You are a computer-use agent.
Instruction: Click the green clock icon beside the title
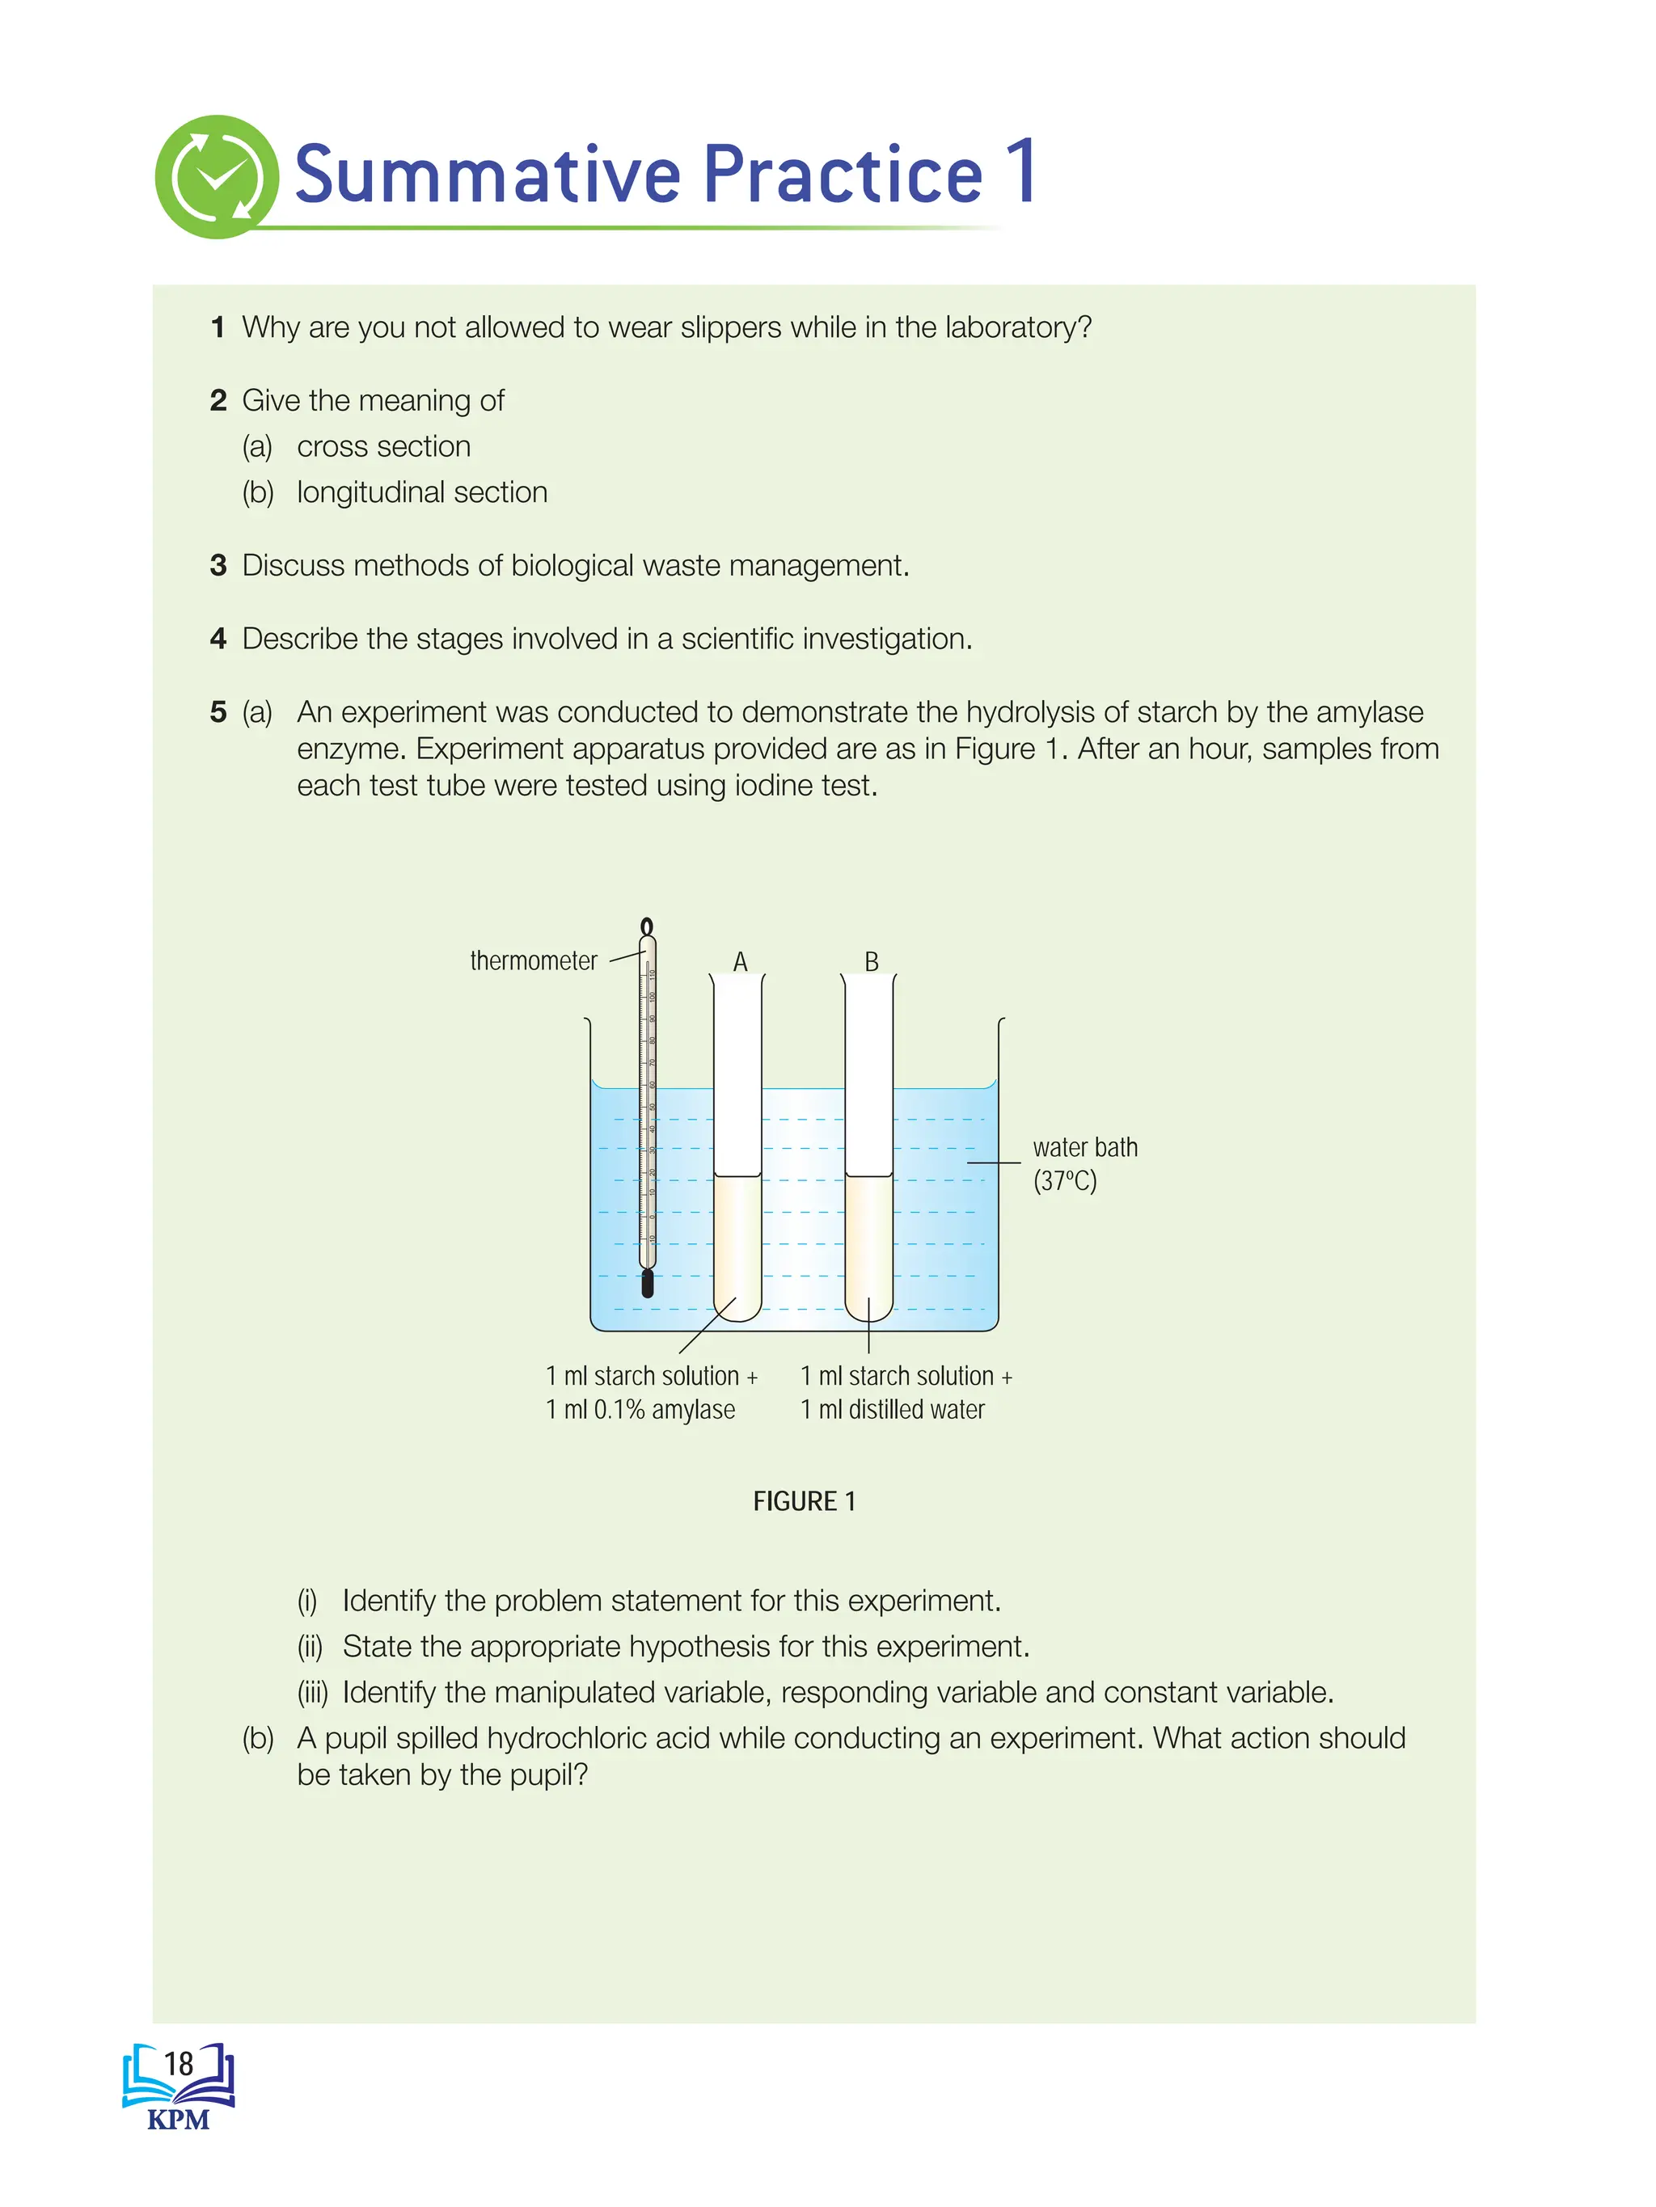coord(217,176)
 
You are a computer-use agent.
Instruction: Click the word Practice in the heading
coord(843,175)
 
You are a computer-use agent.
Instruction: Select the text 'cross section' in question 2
coord(383,446)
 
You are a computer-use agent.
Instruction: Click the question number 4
coord(218,639)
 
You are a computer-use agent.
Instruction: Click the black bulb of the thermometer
coord(647,1283)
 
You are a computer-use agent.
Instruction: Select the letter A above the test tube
coord(740,961)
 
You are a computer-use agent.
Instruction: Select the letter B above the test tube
coord(872,961)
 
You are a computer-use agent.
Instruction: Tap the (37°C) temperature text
coord(1064,1181)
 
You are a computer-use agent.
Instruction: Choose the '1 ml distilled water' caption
coord(893,1409)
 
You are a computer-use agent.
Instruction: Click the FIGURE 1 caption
coord(804,1500)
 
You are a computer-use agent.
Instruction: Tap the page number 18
coord(179,2063)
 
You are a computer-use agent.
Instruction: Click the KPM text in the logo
coord(178,2119)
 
